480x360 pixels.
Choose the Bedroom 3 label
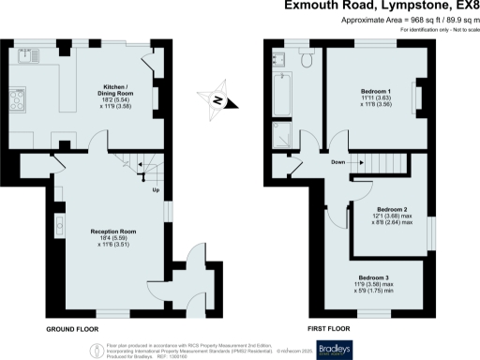point(373,282)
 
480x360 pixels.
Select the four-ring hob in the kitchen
point(20,97)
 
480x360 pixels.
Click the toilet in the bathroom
point(307,60)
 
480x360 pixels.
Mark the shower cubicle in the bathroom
point(280,136)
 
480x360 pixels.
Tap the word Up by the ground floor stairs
point(156,192)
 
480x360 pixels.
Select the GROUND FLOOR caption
point(72,330)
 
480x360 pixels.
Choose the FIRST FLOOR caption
point(328,330)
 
